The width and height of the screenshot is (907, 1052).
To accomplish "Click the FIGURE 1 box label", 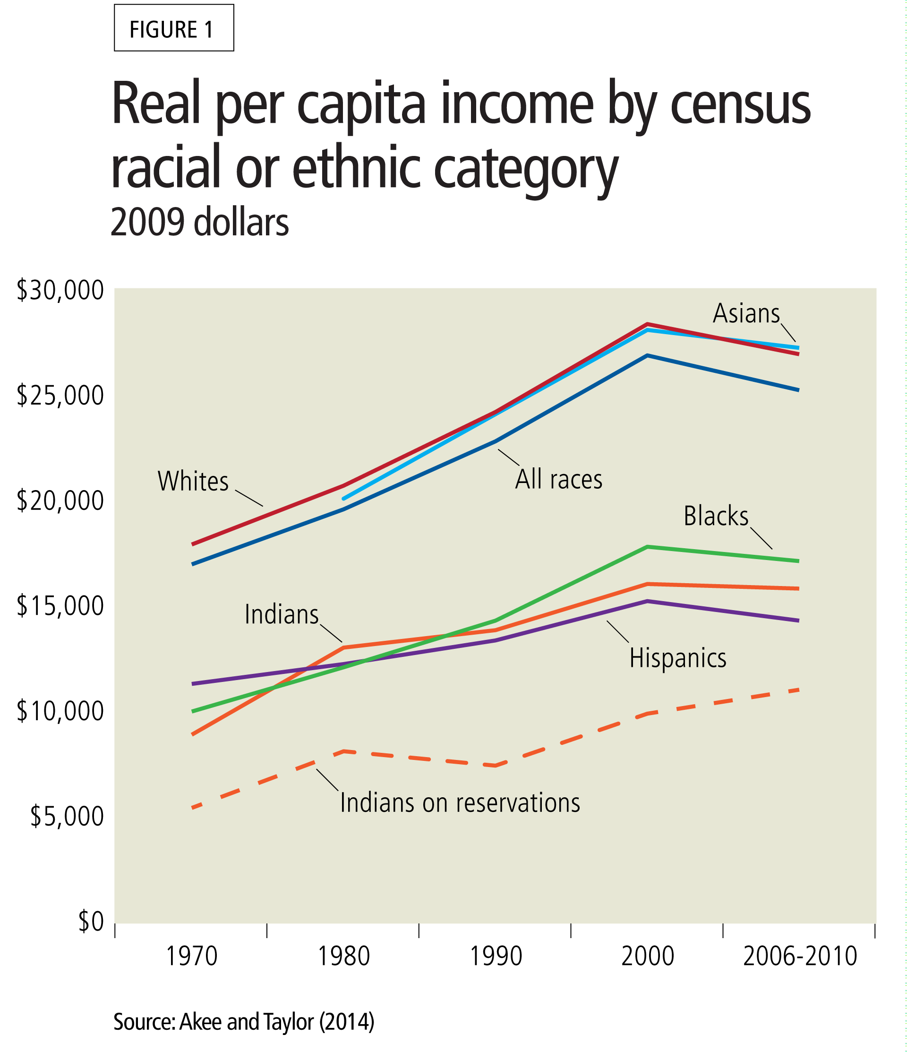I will coord(173,29).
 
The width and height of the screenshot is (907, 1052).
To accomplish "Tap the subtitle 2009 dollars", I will coord(199,223).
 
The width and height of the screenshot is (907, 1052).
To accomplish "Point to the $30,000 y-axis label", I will coord(60,291).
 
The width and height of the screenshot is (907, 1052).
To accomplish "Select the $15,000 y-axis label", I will coord(60,606).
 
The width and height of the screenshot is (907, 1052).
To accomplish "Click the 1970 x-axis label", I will coord(192,956).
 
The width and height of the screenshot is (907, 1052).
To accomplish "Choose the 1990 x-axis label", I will coord(496,956).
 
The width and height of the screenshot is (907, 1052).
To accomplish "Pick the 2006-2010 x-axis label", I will coord(800,956).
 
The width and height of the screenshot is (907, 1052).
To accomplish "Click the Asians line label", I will coord(746,314).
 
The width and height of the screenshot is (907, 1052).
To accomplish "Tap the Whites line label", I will coord(193,481).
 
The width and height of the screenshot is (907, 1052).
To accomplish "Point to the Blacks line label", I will coord(716,517).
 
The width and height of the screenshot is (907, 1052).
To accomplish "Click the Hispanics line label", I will coord(677,658).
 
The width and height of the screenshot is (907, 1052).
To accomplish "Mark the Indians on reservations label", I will coord(460,803).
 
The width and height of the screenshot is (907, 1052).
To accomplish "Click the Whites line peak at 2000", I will coord(647,324).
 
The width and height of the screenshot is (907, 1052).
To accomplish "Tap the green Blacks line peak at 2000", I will coord(647,547).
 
